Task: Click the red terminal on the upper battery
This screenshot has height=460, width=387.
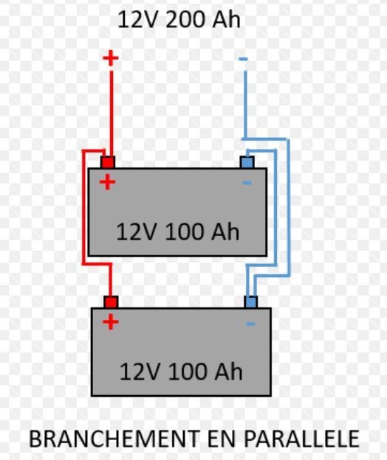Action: coord(108,162)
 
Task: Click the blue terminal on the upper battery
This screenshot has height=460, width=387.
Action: coord(247,162)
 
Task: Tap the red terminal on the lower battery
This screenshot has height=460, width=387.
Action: coord(111,302)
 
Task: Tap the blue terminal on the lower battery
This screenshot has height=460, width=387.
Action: coord(250,302)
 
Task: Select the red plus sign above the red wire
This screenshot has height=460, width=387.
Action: coord(111,57)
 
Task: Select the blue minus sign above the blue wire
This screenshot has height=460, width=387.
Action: coord(243,59)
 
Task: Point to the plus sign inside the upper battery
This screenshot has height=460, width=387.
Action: coord(107,182)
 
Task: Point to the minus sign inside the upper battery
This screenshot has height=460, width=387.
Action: coord(247,183)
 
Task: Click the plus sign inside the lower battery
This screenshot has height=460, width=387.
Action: coord(111,321)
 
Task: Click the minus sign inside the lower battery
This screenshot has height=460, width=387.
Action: coord(250,324)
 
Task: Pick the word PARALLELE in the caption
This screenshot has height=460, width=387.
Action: coord(302,439)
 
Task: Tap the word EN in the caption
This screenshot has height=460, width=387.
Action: coord(222,439)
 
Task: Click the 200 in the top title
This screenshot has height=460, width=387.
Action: coord(185,20)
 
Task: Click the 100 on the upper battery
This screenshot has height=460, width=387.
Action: coord(184,231)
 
